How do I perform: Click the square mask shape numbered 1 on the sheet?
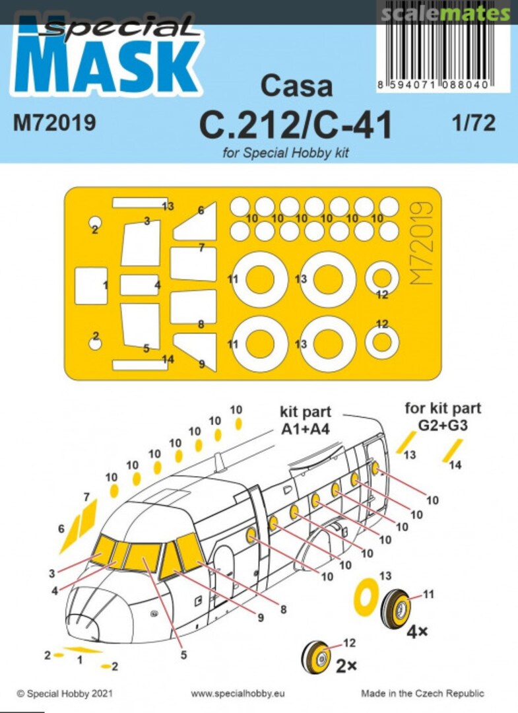[x=90, y=285]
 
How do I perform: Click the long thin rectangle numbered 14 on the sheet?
[x=140, y=364]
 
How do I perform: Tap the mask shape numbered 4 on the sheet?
[x=139, y=285]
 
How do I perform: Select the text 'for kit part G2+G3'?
[x=443, y=417]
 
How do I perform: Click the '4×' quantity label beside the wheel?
[x=417, y=630]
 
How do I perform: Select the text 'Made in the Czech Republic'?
[x=422, y=694]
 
